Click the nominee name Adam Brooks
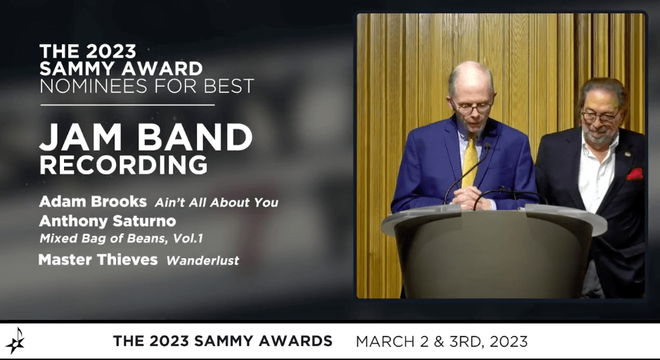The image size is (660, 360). [x=93, y=202]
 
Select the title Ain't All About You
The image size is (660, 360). [x=216, y=202]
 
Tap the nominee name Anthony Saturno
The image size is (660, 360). [x=108, y=221]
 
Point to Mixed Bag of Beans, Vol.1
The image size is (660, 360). [x=121, y=238]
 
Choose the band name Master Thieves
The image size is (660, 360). [x=98, y=259]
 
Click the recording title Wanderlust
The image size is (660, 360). [x=202, y=261]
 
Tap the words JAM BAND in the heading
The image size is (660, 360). [x=145, y=137]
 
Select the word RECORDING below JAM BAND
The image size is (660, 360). [x=123, y=165]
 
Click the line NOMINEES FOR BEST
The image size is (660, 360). [x=146, y=86]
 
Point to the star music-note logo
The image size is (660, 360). [x=15, y=340]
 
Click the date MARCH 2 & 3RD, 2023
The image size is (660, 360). [x=441, y=341]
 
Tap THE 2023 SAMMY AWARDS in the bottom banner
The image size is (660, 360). [x=223, y=340]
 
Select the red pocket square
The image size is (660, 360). [x=635, y=174]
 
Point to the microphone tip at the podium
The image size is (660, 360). [x=487, y=146]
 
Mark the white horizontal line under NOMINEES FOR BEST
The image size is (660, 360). [x=127, y=105]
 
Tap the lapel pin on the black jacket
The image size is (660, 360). [x=628, y=154]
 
